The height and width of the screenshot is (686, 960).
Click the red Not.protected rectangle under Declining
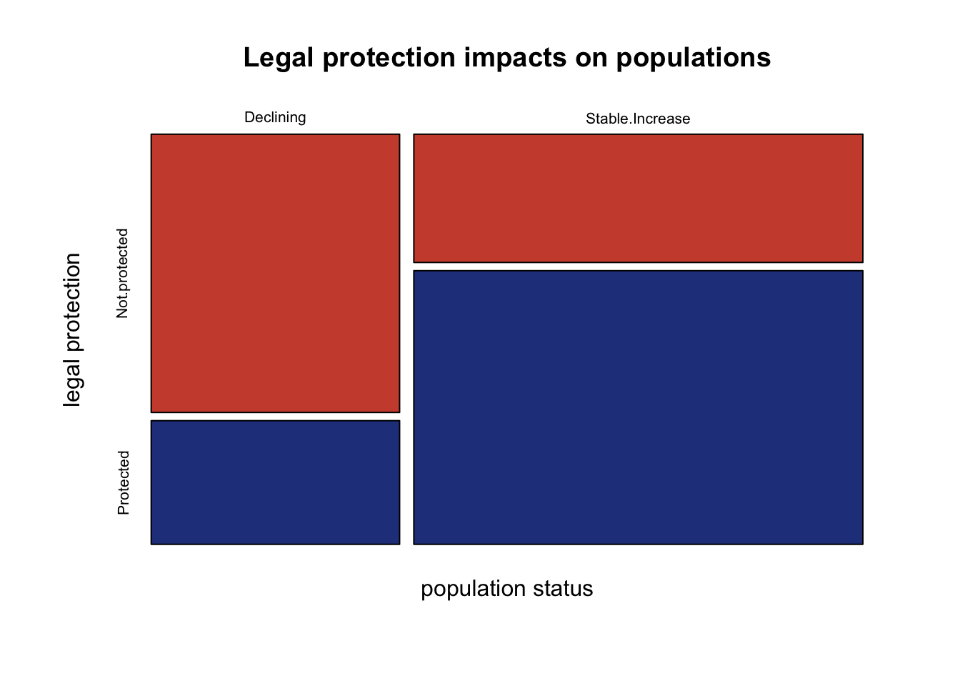click(275, 273)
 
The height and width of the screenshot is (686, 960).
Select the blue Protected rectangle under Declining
click(275, 482)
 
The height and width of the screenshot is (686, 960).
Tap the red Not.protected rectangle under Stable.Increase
click(638, 198)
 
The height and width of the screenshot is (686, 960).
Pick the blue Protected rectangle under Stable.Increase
click(638, 407)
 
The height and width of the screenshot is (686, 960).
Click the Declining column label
click(275, 117)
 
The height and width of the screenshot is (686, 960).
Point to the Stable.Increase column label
click(638, 119)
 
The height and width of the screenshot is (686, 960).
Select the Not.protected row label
click(123, 273)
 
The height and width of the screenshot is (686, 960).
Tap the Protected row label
click(124, 482)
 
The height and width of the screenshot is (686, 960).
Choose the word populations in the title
click(694, 59)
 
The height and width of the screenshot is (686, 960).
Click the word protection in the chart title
click(389, 59)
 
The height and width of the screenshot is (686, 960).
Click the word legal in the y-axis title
click(73, 383)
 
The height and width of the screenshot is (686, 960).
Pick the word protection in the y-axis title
click(73, 303)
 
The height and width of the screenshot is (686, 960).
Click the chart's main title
click(507, 57)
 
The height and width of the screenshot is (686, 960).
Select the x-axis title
click(507, 589)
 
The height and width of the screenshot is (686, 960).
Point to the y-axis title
click(73, 330)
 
